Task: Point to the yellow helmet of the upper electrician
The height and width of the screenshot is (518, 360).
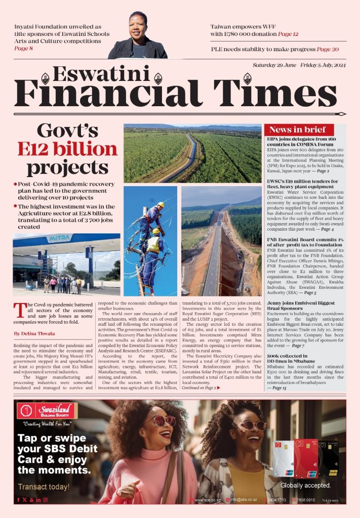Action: click(161, 205)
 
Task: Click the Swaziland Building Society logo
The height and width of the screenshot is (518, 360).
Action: click(47, 411)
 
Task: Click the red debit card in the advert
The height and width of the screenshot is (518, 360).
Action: click(305, 458)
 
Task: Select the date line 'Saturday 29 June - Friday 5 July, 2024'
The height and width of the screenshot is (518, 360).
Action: click(299, 66)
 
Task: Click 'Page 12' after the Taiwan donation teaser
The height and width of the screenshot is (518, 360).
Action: click(288, 34)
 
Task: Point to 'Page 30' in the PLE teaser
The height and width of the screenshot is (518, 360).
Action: click(328, 49)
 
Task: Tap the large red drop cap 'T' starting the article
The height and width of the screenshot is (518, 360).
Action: click(20, 310)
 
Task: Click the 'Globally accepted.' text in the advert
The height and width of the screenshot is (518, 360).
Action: click(305, 485)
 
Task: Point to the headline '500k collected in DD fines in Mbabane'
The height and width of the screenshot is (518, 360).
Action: click(291, 358)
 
